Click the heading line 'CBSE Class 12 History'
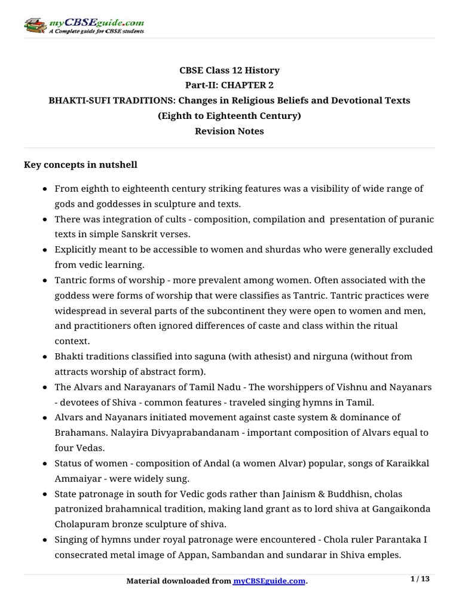(x=229, y=70)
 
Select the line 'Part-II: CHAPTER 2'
(x=229, y=85)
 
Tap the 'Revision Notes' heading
(x=229, y=131)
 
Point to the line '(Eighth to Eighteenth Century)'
(x=229, y=115)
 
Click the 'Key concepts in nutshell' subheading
(x=80, y=164)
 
